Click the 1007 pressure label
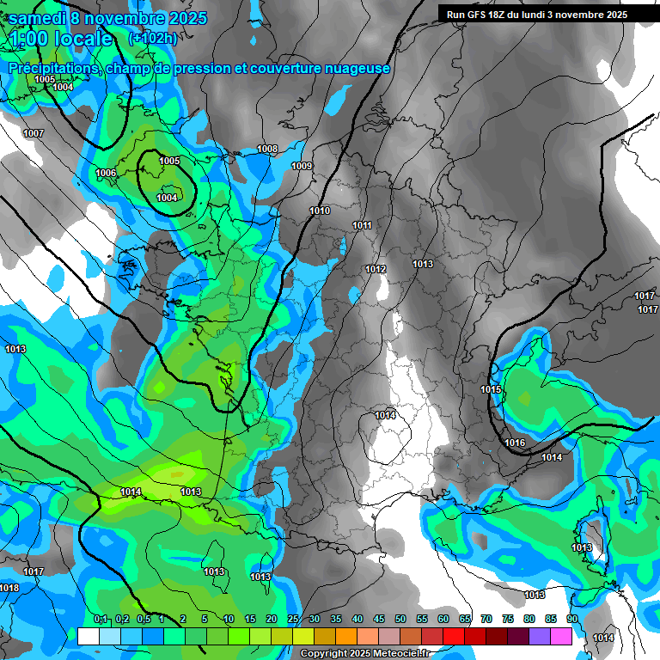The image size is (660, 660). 34,133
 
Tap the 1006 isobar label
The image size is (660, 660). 106,173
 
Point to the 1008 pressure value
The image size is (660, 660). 267,149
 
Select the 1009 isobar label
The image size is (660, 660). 302,166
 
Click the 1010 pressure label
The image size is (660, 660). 320,211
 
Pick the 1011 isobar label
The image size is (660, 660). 362,225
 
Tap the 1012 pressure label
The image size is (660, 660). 376,269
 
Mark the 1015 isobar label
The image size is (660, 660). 491,389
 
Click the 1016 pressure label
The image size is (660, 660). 515,443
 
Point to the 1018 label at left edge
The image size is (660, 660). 9,588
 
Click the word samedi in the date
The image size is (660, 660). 40,18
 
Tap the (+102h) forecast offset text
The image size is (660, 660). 152,38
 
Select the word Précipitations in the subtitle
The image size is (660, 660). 52,68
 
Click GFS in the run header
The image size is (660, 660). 475,15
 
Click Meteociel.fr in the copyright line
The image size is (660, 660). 396,654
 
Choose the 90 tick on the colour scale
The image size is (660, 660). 572,619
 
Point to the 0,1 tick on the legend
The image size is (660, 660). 100,619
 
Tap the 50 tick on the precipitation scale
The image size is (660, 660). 400,619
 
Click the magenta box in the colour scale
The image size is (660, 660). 561,636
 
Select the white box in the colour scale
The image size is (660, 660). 89,636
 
